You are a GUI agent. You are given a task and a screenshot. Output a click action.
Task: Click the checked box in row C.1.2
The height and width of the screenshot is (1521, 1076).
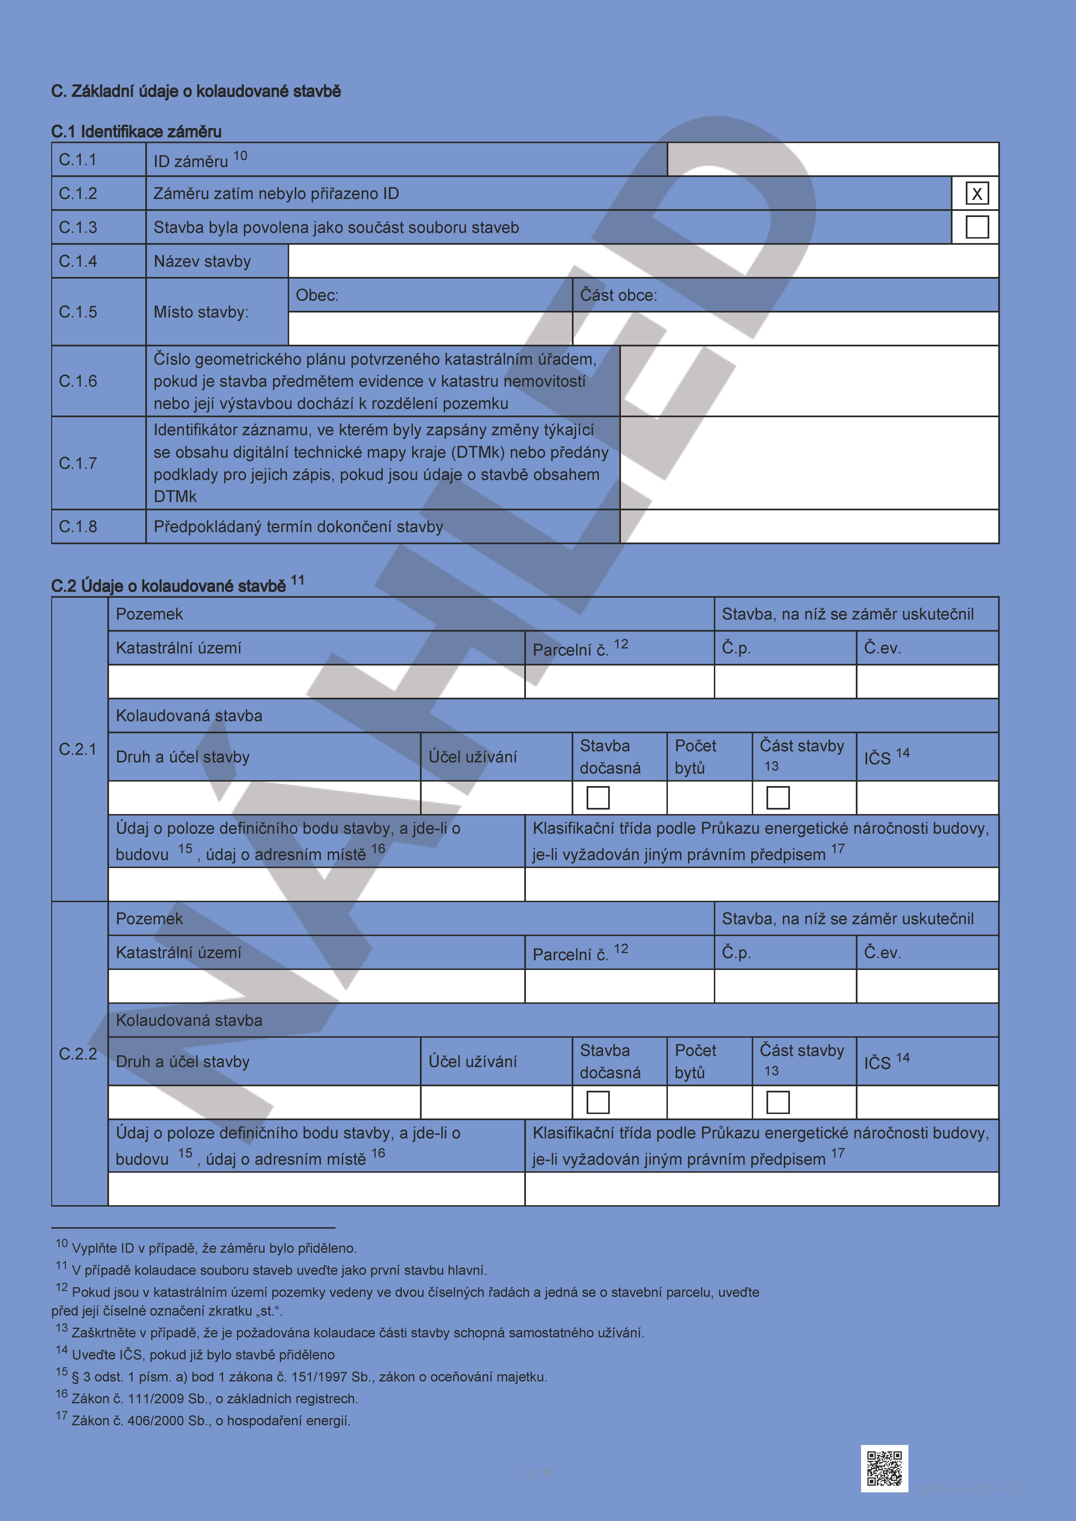click(977, 193)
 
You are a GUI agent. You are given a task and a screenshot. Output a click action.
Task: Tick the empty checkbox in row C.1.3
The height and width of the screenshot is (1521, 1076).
click(977, 227)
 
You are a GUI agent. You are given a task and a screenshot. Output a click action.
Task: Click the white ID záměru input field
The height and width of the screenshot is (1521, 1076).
click(832, 160)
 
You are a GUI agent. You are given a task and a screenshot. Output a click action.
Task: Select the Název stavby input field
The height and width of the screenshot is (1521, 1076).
click(643, 261)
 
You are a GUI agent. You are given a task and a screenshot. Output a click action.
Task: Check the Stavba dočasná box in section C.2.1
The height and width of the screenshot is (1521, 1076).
click(598, 798)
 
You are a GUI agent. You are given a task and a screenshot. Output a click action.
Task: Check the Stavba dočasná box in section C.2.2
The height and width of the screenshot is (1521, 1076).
click(598, 1102)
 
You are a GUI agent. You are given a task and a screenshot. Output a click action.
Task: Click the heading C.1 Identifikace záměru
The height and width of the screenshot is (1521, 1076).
click(137, 131)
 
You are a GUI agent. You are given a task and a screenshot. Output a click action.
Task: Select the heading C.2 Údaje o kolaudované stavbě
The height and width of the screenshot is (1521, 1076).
click(169, 586)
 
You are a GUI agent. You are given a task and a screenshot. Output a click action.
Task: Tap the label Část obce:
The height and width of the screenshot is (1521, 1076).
click(618, 295)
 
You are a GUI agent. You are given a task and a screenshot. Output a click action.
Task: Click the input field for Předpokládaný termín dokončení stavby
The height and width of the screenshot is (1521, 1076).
click(809, 527)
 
